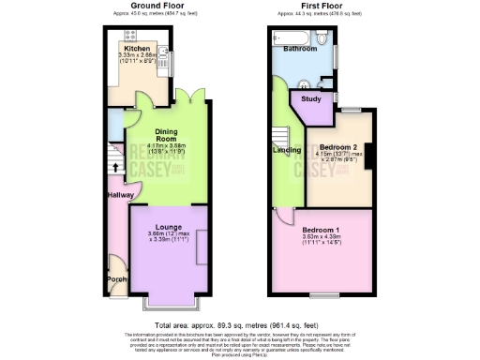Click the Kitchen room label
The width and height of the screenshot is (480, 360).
click(138, 49)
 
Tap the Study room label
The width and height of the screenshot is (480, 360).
click(311, 98)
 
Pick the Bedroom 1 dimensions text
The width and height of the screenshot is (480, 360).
click(324, 241)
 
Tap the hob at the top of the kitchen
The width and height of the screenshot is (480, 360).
click(131, 37)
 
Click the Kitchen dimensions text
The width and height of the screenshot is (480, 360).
click(137, 58)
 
